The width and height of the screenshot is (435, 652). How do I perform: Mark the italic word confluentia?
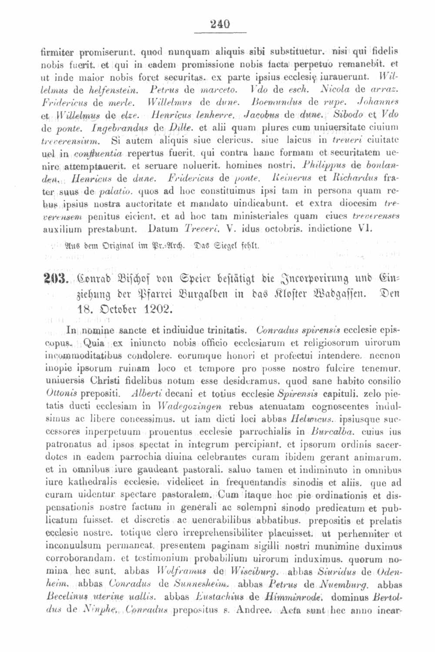tap(98, 154)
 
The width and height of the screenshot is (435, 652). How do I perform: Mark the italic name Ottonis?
tap(61, 394)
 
